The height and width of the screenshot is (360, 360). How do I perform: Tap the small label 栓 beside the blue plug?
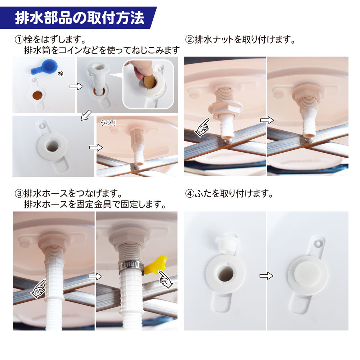(x=60, y=74)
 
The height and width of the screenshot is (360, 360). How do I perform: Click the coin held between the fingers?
(x=149, y=81)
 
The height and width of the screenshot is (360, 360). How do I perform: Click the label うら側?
(x=108, y=123)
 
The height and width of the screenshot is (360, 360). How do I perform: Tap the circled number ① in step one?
(x=19, y=40)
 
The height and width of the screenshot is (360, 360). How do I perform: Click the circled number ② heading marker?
(x=190, y=40)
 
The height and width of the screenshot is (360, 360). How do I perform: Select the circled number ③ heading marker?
(x=19, y=194)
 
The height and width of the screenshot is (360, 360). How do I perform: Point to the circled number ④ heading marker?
(x=190, y=194)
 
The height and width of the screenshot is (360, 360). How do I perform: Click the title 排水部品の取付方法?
(x=80, y=18)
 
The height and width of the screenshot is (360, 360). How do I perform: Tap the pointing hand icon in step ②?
(x=202, y=128)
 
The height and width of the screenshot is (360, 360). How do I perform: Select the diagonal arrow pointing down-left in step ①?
(x=86, y=115)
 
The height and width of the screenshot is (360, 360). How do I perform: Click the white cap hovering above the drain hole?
(x=226, y=244)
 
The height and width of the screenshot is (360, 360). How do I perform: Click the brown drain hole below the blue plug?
(x=39, y=95)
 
